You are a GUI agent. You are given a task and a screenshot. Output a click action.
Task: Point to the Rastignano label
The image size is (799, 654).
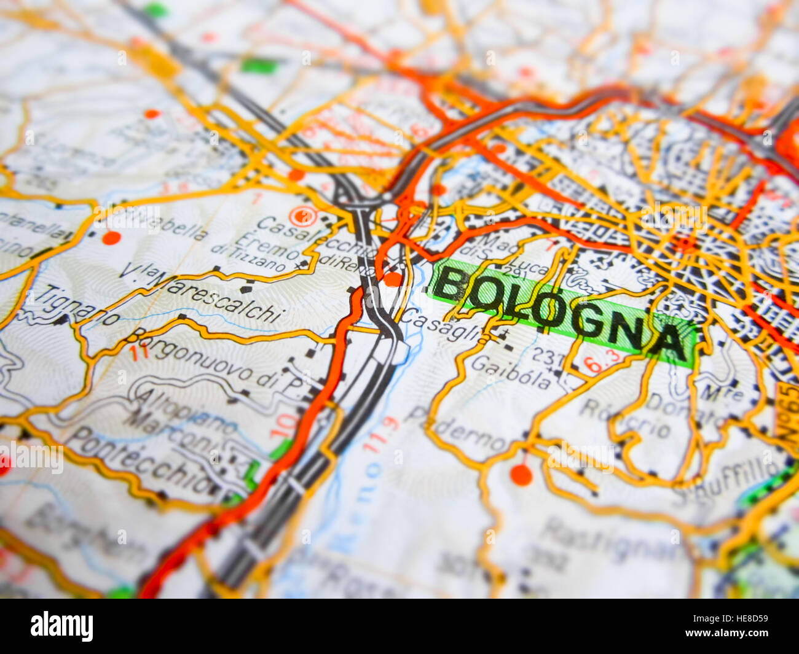coord(608,540)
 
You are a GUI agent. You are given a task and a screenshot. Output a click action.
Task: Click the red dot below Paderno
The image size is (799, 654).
coord(521,474)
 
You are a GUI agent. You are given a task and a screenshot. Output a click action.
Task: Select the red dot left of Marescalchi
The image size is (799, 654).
coord(111,238)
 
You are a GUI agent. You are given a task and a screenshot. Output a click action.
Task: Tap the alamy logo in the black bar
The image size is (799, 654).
coord(61,626)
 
